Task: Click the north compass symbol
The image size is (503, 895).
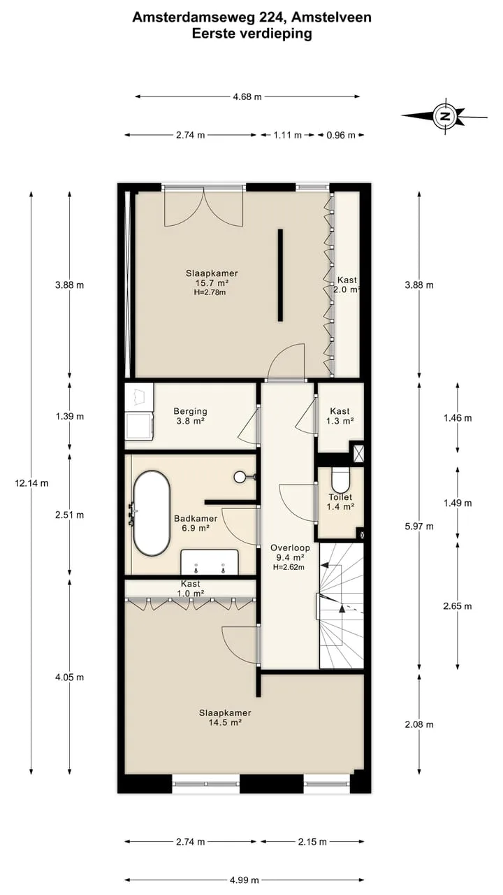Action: point(445,116)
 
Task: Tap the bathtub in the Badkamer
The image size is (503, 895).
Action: point(152,514)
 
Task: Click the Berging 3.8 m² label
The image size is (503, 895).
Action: point(191,416)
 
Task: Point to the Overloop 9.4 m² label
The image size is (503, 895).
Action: point(290,552)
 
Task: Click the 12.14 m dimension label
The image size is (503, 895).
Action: point(31,483)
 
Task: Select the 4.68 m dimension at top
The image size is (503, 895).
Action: point(247,96)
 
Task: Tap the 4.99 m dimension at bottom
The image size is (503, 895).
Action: point(245,880)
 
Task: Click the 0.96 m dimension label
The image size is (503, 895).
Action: point(341,135)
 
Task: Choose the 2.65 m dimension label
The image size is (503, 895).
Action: point(458,606)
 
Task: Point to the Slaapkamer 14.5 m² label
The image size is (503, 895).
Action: point(225,717)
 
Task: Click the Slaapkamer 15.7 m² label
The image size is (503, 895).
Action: point(212,278)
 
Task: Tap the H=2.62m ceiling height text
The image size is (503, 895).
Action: point(289,567)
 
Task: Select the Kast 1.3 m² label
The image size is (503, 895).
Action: point(340,415)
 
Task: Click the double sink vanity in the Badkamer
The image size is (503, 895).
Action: point(210,562)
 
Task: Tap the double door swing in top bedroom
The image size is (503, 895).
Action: point(203,207)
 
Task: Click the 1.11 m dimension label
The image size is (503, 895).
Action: point(287,135)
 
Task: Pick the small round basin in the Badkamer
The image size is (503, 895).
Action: point(240,476)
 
